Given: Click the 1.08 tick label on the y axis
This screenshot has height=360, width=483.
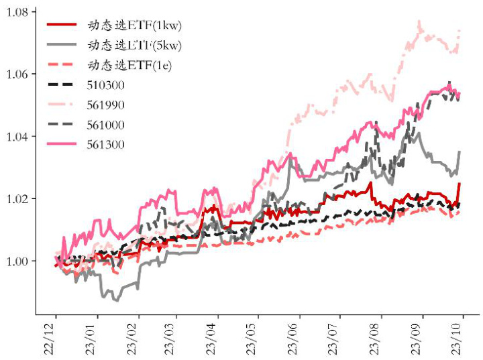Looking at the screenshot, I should click(16, 12).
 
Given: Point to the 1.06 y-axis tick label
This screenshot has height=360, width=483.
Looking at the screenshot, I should click(16, 74).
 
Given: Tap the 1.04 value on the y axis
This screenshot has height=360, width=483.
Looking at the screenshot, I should click(16, 137).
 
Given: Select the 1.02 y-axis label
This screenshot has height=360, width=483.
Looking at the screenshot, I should click(16, 199).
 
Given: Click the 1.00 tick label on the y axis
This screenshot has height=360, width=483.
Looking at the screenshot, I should click(16, 261).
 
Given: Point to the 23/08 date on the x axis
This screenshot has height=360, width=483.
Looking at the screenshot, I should click(377, 338).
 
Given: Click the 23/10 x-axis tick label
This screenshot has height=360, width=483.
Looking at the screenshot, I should click(459, 338).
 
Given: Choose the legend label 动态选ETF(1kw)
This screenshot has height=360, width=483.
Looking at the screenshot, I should click(135, 25).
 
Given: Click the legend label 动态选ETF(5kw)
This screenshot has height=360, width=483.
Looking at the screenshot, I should click(135, 46).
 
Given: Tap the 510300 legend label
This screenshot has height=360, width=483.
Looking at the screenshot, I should click(106, 85).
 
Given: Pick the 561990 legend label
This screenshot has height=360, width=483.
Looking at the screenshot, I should click(106, 105).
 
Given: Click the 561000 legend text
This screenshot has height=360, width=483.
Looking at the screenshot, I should click(106, 125).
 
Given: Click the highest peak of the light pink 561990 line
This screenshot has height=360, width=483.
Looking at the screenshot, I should click(419, 21).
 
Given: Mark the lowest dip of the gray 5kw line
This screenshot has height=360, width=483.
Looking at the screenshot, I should click(117, 301).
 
